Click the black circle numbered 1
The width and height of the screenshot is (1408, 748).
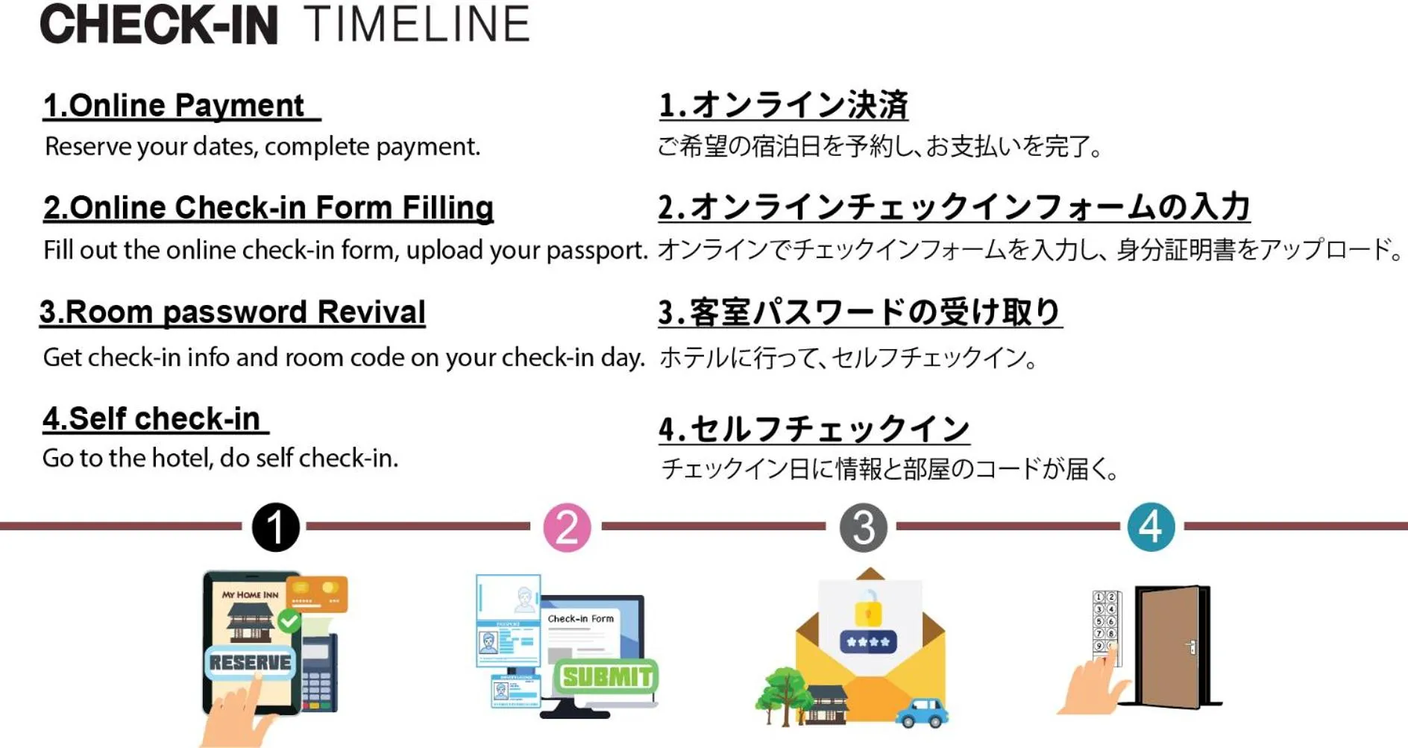(x=275, y=527)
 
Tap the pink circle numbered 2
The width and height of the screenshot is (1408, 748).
(x=567, y=527)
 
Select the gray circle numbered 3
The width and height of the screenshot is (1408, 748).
(x=863, y=527)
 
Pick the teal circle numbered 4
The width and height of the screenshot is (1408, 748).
(x=1151, y=527)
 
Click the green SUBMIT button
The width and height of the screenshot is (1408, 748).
(x=606, y=676)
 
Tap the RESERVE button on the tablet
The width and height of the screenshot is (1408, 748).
(x=250, y=662)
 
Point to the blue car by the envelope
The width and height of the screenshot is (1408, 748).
(x=922, y=712)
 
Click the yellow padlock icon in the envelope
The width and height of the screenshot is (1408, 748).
(x=868, y=609)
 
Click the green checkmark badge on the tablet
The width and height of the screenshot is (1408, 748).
(x=289, y=620)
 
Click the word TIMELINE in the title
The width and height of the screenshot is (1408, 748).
(x=417, y=25)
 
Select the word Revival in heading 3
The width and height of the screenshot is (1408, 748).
(x=371, y=312)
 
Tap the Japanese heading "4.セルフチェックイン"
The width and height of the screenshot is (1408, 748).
(x=814, y=429)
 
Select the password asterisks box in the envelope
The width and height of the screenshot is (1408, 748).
(x=868, y=641)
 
